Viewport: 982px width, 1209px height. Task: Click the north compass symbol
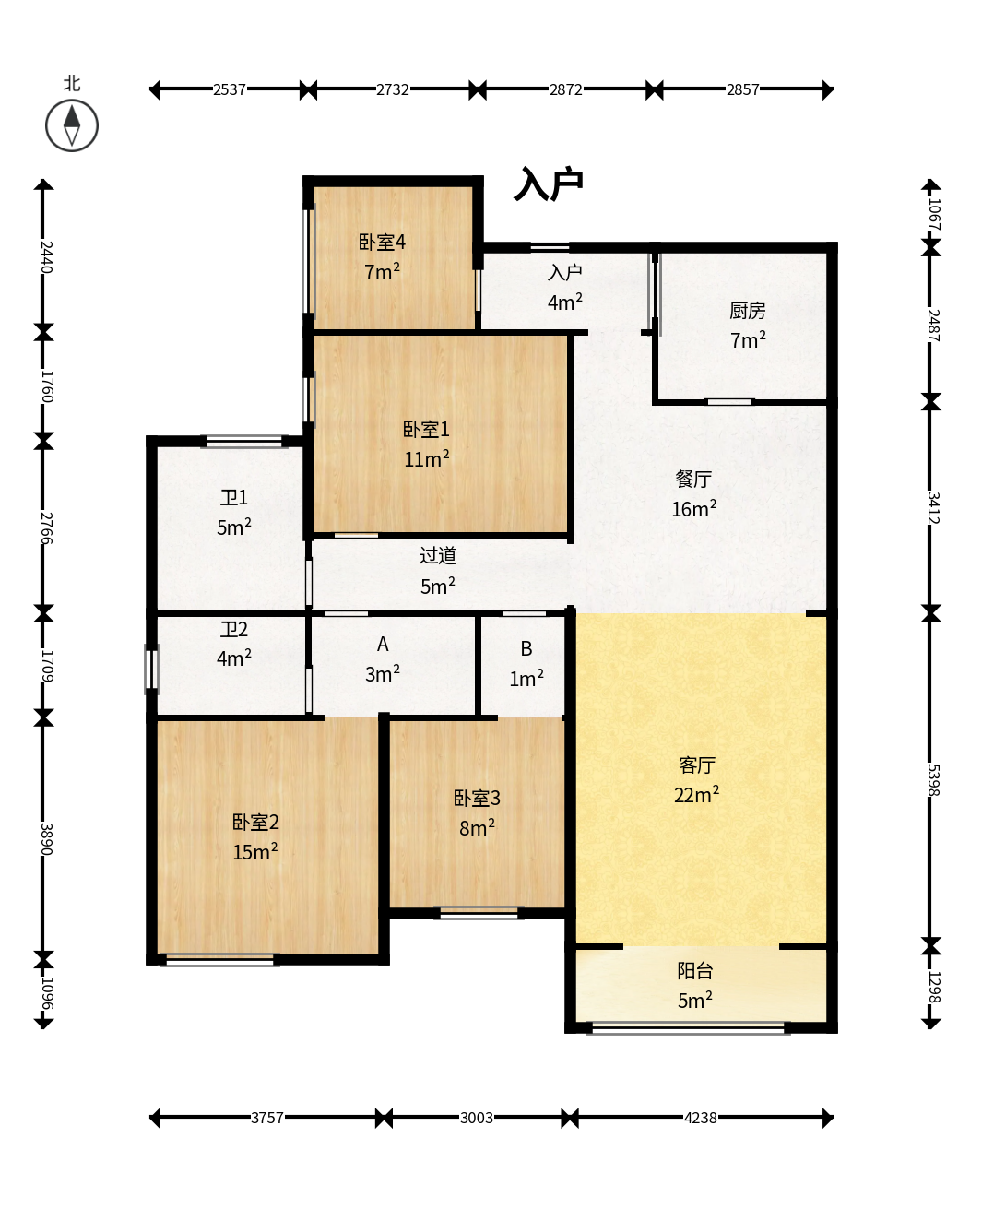72,125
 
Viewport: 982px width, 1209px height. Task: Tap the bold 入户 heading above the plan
549,184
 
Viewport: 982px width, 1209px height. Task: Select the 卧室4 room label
382,243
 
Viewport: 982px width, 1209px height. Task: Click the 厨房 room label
748,311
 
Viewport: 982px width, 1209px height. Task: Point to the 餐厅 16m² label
693,493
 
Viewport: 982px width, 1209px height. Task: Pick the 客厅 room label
696,765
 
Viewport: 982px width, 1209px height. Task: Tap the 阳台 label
695,970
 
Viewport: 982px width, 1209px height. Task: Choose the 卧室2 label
255,822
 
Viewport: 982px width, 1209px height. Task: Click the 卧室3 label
477,798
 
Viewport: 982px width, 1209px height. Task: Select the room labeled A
383,645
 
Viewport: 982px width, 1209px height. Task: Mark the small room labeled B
526,648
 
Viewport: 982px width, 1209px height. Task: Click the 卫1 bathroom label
234,498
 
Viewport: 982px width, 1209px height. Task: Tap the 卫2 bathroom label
234,630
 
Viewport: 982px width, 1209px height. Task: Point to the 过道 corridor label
438,555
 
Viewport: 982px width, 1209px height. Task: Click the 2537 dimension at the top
230,89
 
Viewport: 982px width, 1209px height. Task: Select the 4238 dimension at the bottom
701,1118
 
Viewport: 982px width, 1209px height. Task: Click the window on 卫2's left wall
151,670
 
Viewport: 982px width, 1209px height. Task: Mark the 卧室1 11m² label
426,444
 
